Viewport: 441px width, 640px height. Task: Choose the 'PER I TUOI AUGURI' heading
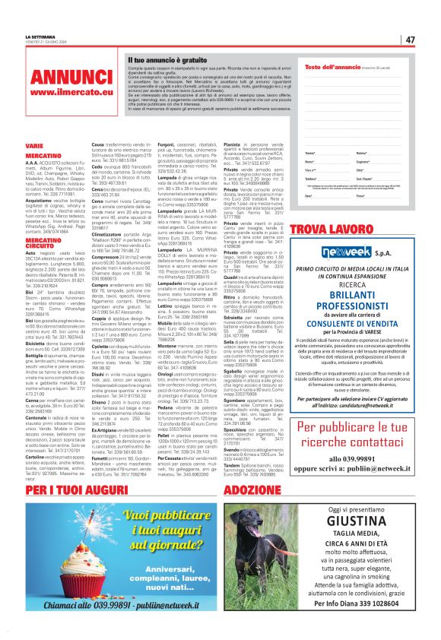point(76,467)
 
